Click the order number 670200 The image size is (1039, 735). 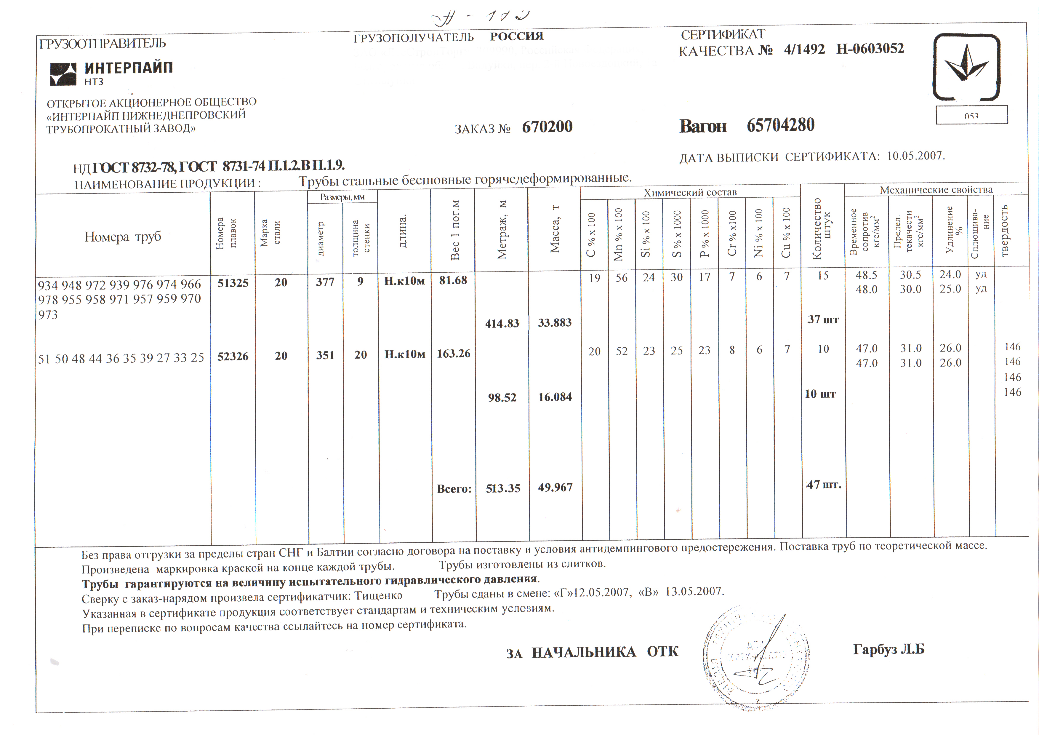coord(547,127)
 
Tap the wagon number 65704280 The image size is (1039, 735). coord(781,125)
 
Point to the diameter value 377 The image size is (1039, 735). coord(325,282)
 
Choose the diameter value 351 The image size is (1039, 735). coord(325,355)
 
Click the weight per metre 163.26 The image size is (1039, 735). coord(453,354)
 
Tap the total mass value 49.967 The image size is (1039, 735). coord(555,488)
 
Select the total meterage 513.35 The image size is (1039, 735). coord(503,488)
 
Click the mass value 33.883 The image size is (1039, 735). coord(555,323)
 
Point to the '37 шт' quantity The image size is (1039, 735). coord(823,319)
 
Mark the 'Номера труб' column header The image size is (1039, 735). coord(123,237)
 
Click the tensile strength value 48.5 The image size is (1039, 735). coord(866,275)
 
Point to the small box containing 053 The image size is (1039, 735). coord(971,115)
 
